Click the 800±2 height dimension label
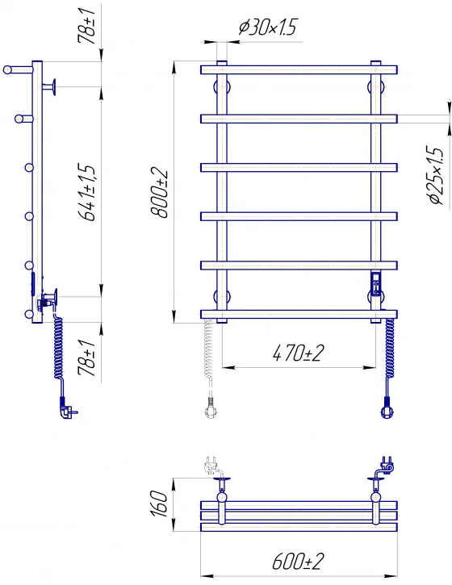pos(159,194)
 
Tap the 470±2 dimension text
pos(298,353)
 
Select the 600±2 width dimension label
pos(298,561)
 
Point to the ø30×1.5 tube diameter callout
pos(268,27)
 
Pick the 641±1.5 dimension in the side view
pos(87,192)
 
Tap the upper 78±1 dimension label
pos(87,25)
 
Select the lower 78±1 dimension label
pos(87,357)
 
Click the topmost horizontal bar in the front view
pos(299,69)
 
